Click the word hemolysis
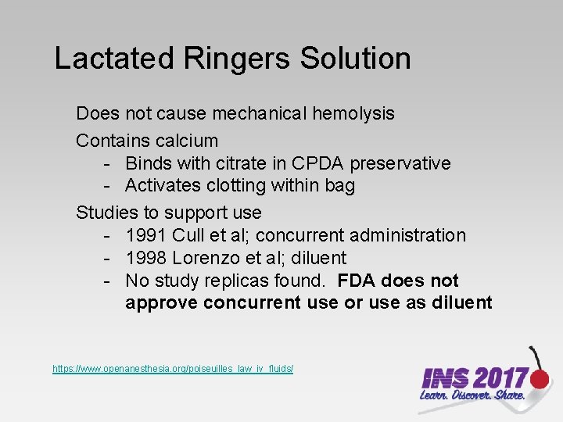pos(353,113)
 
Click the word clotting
pos(234,185)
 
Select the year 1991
pos(146,235)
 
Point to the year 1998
pos(146,258)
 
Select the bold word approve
pos(161,302)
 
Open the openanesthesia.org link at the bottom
pos(173,367)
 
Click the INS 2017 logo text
pos(474,379)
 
